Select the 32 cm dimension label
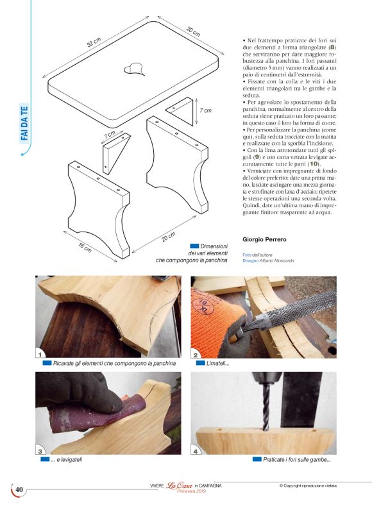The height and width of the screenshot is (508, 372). click(94, 42)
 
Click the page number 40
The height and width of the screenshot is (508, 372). click(19, 490)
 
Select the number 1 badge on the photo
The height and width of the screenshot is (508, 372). click(41, 353)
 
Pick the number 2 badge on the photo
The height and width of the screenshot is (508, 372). click(196, 353)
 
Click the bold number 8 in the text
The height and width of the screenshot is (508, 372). click(332, 47)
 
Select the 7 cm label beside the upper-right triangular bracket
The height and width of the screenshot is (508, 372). click(205, 111)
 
